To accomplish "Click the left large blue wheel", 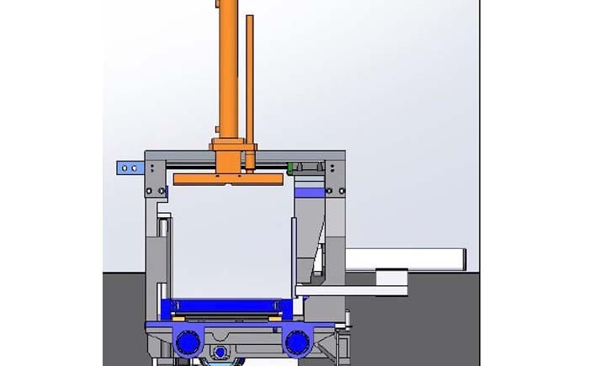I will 188,342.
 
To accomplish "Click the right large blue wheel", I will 297,342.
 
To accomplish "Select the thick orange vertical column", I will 227,67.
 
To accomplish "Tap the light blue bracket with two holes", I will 129,168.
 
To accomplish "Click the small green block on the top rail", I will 290,168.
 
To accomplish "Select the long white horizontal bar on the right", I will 407,257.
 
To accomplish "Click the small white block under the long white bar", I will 390,277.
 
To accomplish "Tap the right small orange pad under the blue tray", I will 274,316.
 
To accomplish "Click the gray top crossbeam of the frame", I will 244,155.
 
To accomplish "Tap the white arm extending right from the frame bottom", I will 353,291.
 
